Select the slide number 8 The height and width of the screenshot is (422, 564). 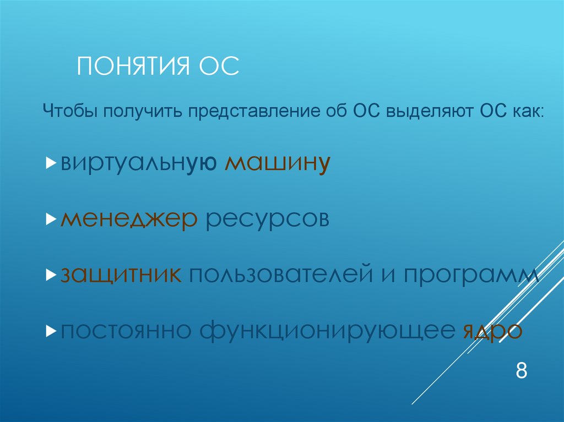tap(521, 370)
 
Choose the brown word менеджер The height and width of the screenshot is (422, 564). tap(129, 220)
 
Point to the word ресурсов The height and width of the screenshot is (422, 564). tap(267, 220)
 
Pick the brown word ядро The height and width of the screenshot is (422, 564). tap(490, 332)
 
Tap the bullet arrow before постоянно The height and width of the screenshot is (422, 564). tap(50, 331)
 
